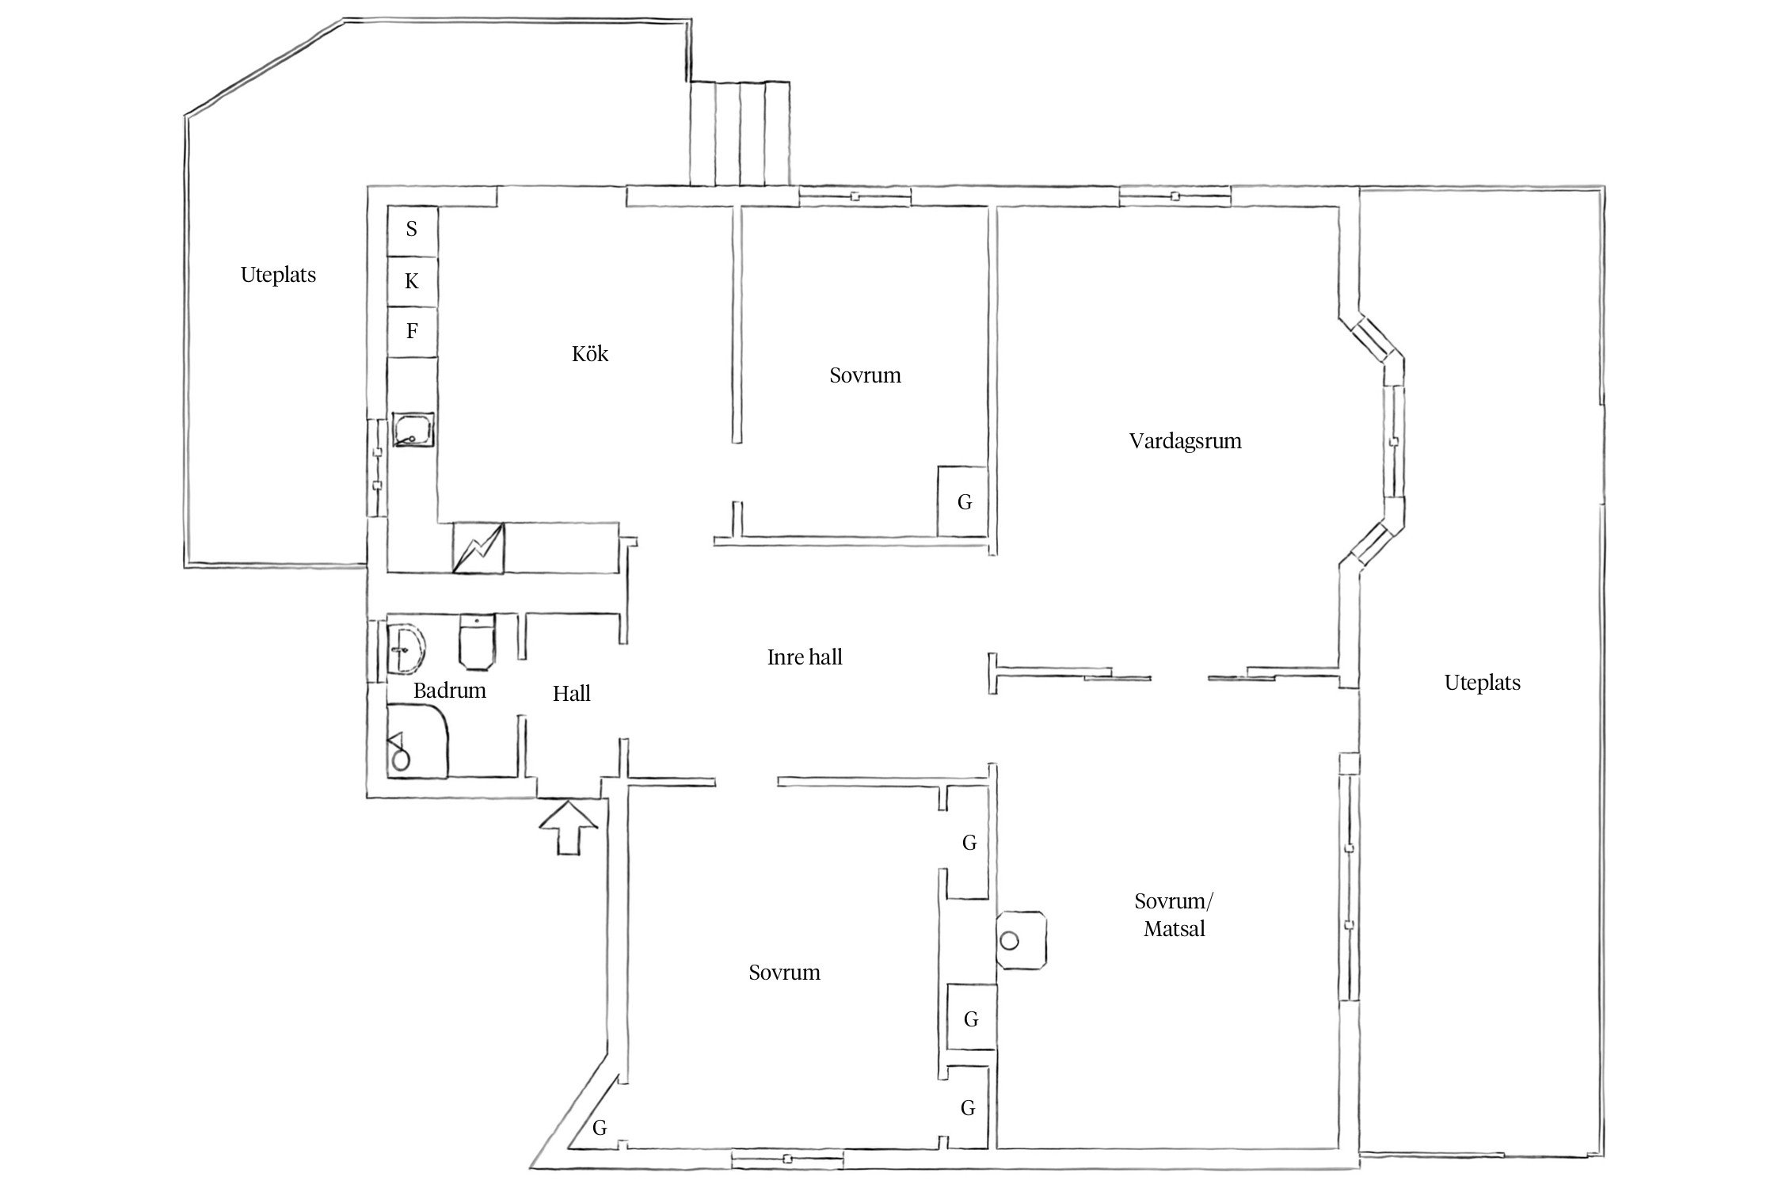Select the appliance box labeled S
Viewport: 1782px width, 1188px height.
412,230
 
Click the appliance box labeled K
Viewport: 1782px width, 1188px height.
412,281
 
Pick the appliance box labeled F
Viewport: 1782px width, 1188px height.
412,331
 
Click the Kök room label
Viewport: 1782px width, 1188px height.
590,353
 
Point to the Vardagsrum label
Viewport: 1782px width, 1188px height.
1185,441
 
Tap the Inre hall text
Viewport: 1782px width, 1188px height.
804,657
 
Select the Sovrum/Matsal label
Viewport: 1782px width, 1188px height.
1174,915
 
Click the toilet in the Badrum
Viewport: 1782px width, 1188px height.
477,642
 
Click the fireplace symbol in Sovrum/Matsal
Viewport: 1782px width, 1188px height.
1021,940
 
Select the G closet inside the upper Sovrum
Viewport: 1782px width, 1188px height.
963,501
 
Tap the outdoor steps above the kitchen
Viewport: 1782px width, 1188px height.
740,132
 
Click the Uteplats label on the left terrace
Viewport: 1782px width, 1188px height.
278,275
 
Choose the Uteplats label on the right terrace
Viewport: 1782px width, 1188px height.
1482,683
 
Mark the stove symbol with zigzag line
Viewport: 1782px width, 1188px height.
478,547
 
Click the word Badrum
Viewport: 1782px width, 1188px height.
449,691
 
